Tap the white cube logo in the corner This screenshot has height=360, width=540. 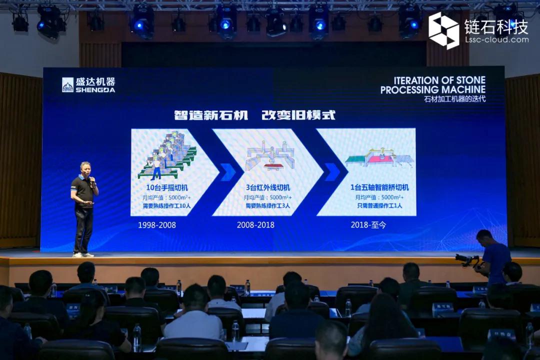point(444,30)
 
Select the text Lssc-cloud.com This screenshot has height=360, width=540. point(496,39)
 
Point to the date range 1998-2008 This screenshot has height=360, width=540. point(157,225)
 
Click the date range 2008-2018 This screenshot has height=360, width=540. point(255,225)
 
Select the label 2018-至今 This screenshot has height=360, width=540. point(368,225)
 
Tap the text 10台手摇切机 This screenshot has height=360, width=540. point(167,187)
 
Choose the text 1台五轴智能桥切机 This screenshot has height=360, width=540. point(379,187)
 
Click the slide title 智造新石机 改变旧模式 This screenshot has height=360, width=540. point(254,115)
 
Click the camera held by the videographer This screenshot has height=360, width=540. point(466,259)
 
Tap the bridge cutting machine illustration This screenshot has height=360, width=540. point(379,158)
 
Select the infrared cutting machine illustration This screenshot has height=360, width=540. point(270,156)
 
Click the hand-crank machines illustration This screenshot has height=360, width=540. point(168,155)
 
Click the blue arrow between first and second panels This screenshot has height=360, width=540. point(228,171)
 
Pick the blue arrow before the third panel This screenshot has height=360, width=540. point(331,171)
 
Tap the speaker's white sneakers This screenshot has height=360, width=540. point(83,255)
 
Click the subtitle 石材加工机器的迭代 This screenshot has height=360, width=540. point(454,99)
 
